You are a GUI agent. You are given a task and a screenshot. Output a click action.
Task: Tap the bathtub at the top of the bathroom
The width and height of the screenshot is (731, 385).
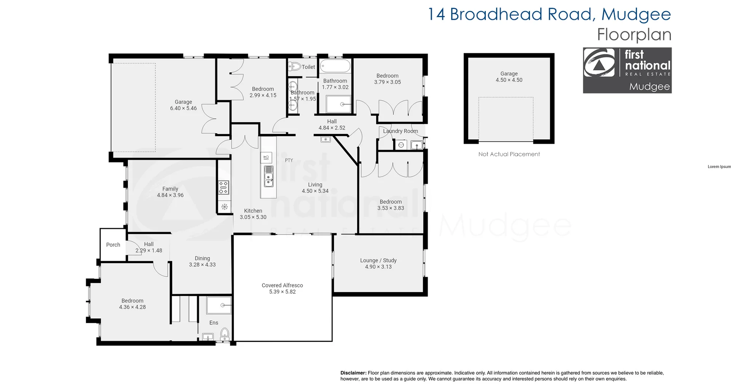coord(335,66)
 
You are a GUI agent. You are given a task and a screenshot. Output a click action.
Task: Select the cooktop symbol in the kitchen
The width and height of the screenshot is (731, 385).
coord(223,188)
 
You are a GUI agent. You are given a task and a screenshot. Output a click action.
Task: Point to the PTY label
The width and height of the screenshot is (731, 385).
coord(289,160)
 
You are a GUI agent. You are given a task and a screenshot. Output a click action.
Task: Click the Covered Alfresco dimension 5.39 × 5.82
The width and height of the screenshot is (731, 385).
coord(282,292)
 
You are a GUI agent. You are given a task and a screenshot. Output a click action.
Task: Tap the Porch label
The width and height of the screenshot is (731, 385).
coord(113,245)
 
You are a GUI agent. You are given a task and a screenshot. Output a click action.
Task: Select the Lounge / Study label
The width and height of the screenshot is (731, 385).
coord(378,260)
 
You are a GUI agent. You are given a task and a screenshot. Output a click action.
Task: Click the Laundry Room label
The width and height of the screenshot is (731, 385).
coord(400,131)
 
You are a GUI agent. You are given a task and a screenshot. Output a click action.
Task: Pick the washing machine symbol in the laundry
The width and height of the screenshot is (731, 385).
coord(401,145)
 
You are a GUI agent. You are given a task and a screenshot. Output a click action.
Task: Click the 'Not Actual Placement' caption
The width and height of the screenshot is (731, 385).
coord(509,154)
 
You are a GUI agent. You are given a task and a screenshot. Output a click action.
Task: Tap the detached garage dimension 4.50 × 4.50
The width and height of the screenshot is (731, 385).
coord(509,80)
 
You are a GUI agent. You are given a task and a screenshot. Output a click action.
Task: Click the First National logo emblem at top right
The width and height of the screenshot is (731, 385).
coord(599,62)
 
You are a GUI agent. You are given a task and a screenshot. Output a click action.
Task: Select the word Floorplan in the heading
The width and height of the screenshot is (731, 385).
coord(634,35)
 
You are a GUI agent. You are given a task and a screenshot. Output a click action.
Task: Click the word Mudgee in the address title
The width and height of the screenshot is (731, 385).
coord(635,14)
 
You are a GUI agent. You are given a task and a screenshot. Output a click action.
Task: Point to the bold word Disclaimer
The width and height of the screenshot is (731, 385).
coord(353,373)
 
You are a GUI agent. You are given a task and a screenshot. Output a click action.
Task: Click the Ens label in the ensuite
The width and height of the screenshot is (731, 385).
coord(214,323)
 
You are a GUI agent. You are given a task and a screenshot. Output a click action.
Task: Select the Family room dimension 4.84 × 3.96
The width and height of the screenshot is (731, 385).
coord(170,195)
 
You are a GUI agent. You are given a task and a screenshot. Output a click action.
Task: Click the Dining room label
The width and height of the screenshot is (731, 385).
coord(202,258)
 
